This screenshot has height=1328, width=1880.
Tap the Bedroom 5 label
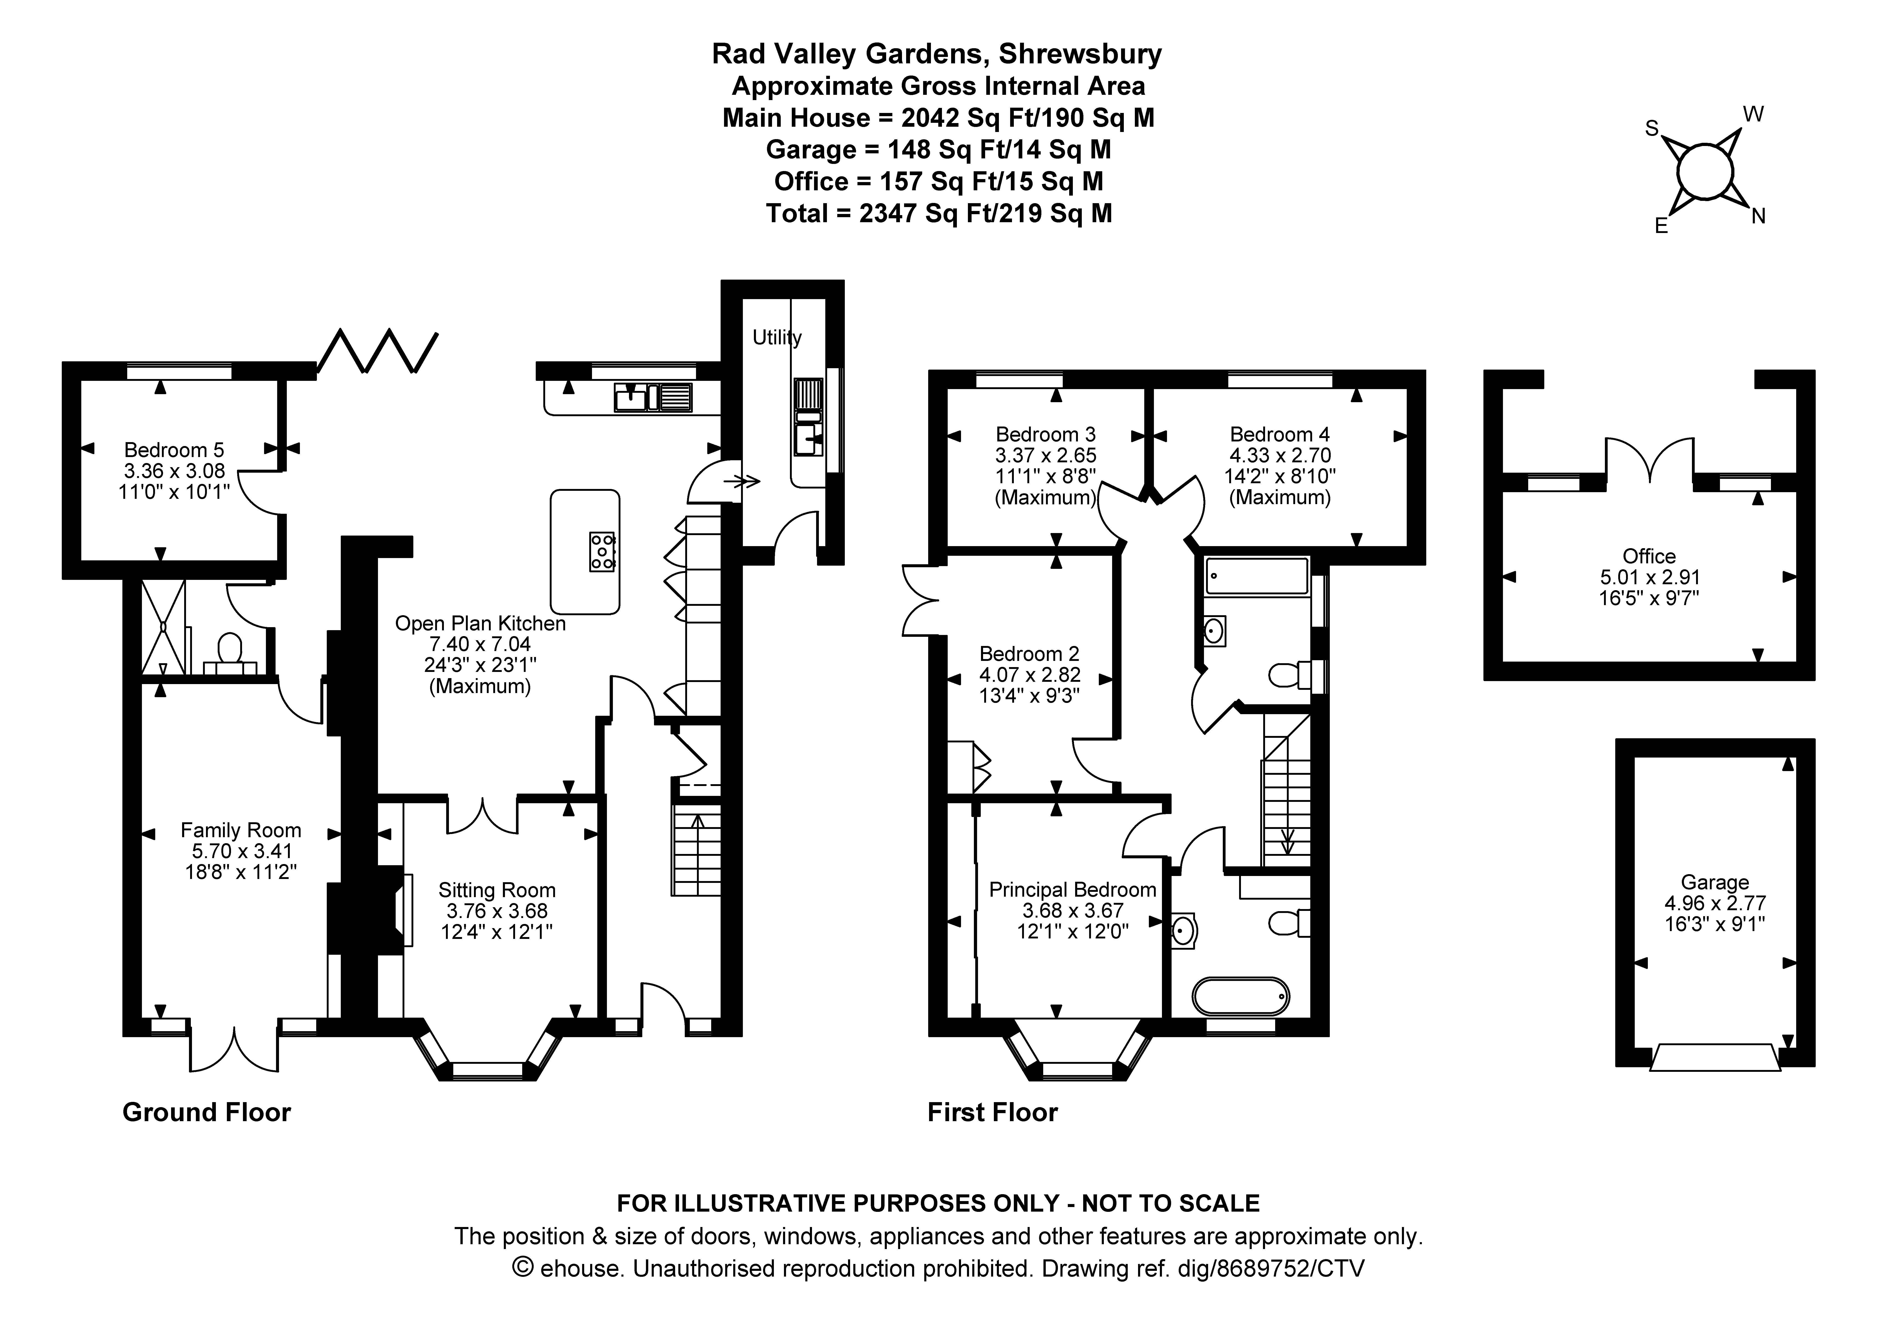174,449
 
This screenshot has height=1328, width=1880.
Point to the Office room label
1649,556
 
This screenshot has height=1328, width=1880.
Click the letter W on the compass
1753,115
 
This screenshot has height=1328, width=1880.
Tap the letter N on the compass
1758,216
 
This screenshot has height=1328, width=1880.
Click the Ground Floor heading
206,1112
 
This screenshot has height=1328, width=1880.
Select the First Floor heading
992,1112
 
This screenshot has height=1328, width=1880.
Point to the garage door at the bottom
1715,1057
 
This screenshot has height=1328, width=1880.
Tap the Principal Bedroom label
1073,889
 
